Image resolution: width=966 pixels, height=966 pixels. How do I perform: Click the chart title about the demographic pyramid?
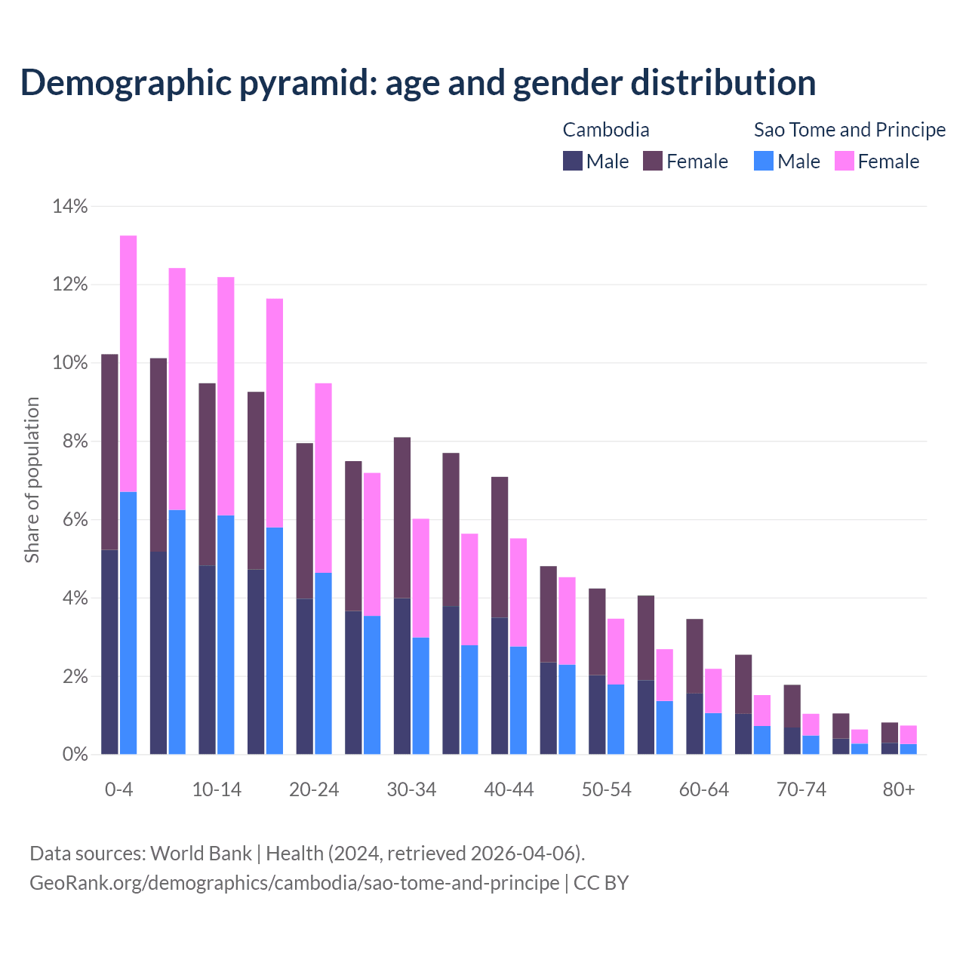coord(417,83)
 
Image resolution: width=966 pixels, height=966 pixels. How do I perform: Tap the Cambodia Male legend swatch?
coord(573,161)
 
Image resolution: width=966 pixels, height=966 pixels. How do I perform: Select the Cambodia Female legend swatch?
coord(653,161)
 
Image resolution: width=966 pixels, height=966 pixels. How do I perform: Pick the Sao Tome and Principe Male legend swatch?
coord(764,161)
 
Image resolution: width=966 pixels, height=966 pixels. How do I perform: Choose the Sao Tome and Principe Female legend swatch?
coord(844,161)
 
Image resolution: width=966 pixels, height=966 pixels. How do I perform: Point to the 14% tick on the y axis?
coord(69,206)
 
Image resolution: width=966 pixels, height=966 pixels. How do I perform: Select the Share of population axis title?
coord(32,480)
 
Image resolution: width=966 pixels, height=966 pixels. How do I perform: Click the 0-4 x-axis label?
coord(118,790)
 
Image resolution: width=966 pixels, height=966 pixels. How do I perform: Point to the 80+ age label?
coord(899,790)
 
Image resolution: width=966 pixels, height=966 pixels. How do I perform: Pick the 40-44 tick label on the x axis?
coord(509,790)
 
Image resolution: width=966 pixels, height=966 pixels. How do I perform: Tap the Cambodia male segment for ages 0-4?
coord(109,652)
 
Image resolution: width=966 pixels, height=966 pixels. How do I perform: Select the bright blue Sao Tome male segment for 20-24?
coord(323,663)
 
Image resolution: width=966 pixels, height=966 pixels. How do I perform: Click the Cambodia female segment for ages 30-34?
coord(402,518)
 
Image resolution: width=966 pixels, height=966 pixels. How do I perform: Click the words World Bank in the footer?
coord(201,854)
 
